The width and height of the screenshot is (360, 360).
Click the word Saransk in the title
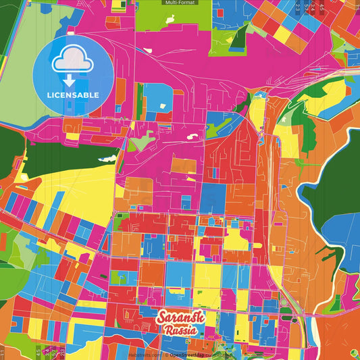click(176, 317)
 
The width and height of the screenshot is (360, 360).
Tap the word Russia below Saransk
click(180, 330)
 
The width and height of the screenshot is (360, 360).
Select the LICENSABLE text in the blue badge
click(73, 95)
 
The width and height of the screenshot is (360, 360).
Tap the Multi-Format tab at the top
click(180, 3)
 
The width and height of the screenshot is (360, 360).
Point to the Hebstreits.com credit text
click(145, 354)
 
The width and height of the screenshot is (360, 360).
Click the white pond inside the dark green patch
click(107, 159)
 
